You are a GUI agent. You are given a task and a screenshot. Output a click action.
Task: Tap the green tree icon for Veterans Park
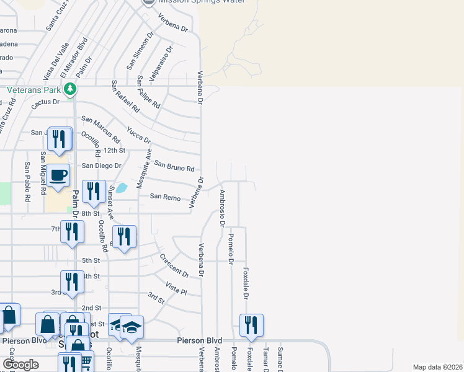(x=70, y=89)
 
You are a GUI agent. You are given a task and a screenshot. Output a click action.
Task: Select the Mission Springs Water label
(x=200, y=2)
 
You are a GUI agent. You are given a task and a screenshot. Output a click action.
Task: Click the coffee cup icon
(x=58, y=174)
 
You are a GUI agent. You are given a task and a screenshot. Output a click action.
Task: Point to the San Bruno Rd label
(x=174, y=166)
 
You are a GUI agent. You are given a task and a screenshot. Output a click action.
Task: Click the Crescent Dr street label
(x=174, y=265)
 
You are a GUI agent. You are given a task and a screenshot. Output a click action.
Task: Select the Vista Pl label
(x=176, y=288)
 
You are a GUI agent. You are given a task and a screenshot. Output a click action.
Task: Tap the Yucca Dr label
(x=138, y=135)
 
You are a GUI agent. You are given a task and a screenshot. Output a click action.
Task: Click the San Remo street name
(x=165, y=197)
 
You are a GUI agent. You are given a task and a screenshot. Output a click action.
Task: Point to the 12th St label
(x=114, y=150)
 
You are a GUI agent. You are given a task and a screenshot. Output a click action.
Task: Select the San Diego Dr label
(x=102, y=166)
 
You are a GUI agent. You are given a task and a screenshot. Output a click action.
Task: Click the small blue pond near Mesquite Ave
(x=123, y=187)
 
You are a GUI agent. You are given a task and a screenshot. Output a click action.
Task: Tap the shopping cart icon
(x=86, y=360)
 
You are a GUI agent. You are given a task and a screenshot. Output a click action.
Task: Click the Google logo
(x=20, y=365)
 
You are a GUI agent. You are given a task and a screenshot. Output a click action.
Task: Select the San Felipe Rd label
(x=149, y=91)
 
